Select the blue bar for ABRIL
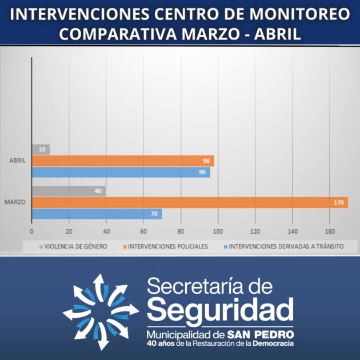pyautogui.click(x=121, y=172)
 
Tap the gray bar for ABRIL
pyautogui.click(x=41, y=150)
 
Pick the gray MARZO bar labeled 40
pyautogui.click(x=69, y=191)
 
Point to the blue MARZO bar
pyautogui.click(x=97, y=214)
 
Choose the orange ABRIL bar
pyautogui.click(x=122, y=161)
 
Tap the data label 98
pyautogui.click(x=207, y=161)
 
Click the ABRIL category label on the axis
pyautogui.click(x=18, y=161)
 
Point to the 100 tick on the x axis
pyautogui.click(x=218, y=231)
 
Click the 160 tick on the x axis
pyautogui.click(x=330, y=231)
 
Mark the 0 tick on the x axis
pyautogui.click(x=31, y=231)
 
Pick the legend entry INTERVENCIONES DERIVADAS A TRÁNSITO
pyautogui.click(x=286, y=247)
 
